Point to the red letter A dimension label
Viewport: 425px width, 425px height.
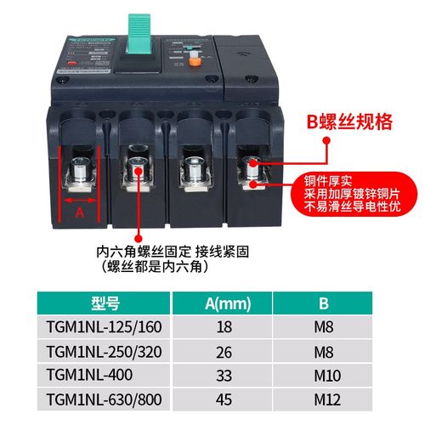point(80,212)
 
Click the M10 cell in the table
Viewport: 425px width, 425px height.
point(323,375)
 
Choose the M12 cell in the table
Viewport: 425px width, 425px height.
point(323,398)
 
